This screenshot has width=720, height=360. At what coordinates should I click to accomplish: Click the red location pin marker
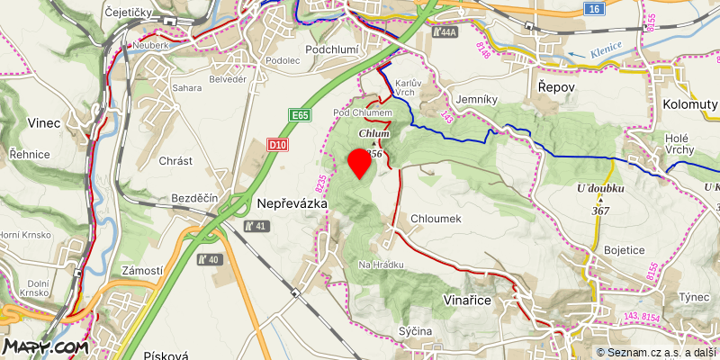tap(360, 164)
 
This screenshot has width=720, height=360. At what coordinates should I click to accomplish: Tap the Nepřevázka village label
tap(292, 204)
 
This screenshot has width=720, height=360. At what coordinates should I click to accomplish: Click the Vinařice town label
tap(468, 300)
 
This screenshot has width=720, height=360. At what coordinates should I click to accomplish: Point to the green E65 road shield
tap(300, 116)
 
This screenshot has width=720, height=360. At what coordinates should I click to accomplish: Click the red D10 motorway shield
tap(279, 144)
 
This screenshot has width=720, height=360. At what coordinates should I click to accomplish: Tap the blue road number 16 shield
tap(591, 8)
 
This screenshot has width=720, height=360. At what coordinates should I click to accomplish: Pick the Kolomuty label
tap(690, 104)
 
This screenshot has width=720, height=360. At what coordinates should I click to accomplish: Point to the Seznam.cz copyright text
tap(656, 352)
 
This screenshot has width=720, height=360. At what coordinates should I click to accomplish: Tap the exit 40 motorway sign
tap(208, 259)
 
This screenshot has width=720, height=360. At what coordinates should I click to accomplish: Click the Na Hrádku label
tap(381, 265)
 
